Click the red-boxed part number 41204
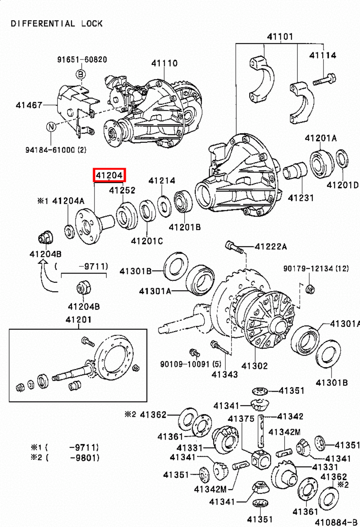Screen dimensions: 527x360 click(x=109, y=175)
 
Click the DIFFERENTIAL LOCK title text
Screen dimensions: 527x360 click(x=57, y=24)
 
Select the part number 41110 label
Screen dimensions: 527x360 click(x=164, y=63)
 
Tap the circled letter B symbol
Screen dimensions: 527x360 click(x=81, y=74)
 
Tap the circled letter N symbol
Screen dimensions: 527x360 click(x=51, y=126)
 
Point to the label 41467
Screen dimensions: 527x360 click(x=29, y=105)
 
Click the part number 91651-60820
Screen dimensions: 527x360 click(x=82, y=60)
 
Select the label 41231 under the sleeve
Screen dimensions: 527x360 click(x=301, y=198)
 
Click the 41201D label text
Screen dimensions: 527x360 click(x=343, y=185)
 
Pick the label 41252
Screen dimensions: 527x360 click(x=122, y=190)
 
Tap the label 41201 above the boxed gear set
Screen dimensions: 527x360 click(x=78, y=319)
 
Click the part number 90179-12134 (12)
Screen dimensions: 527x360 click(x=316, y=268)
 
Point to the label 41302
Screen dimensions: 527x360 click(x=254, y=366)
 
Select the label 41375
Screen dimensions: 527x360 click(x=241, y=419)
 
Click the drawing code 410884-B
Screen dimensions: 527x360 click(x=336, y=522)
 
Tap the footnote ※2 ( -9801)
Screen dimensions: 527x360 click(x=65, y=458)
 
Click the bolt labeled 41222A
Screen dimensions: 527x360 click(x=234, y=247)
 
